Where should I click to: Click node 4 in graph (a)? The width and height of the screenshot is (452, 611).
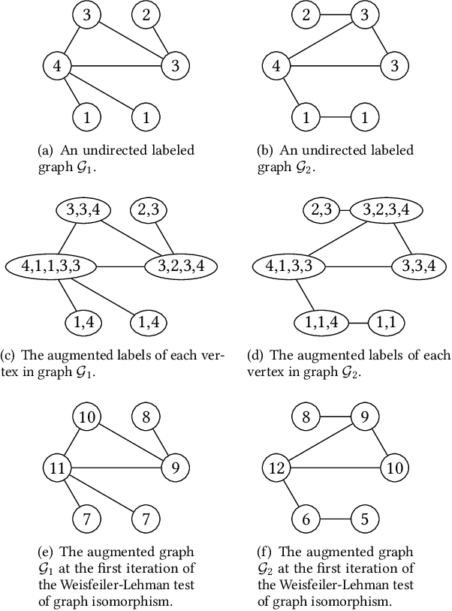point(56,65)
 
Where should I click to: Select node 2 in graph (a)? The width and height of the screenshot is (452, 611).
point(146,14)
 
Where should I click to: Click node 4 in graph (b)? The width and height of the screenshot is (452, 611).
point(275,65)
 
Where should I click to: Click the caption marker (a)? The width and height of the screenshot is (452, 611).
point(46,150)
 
